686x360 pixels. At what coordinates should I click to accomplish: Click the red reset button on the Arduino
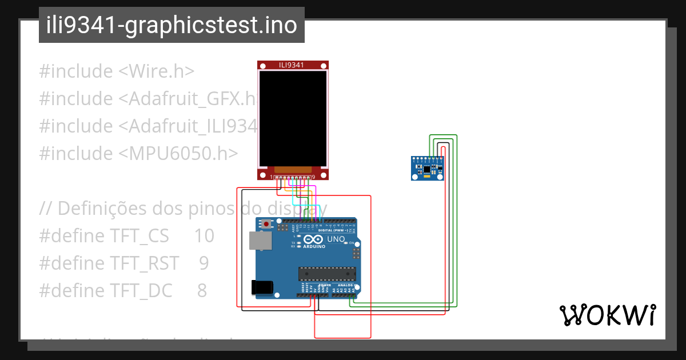point(266,224)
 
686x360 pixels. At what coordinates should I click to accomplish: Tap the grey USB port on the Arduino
point(261,242)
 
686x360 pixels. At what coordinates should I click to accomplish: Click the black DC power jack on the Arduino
point(262,287)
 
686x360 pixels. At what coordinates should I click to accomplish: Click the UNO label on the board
point(336,239)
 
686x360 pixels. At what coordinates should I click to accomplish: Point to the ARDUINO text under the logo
point(315,246)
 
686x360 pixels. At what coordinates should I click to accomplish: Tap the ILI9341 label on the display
point(293,65)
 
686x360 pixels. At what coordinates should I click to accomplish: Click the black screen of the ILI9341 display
point(293,117)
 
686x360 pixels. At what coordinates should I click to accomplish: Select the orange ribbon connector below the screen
point(293,170)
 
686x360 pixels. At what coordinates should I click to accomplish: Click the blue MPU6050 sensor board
point(428,168)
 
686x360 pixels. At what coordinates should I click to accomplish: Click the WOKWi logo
point(607,315)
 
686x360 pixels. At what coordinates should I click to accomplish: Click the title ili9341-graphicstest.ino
point(171,26)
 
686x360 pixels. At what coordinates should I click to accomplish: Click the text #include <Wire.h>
point(117,71)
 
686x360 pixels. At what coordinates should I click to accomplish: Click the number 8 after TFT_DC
point(202,290)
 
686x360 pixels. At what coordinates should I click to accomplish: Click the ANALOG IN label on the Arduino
point(346,285)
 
